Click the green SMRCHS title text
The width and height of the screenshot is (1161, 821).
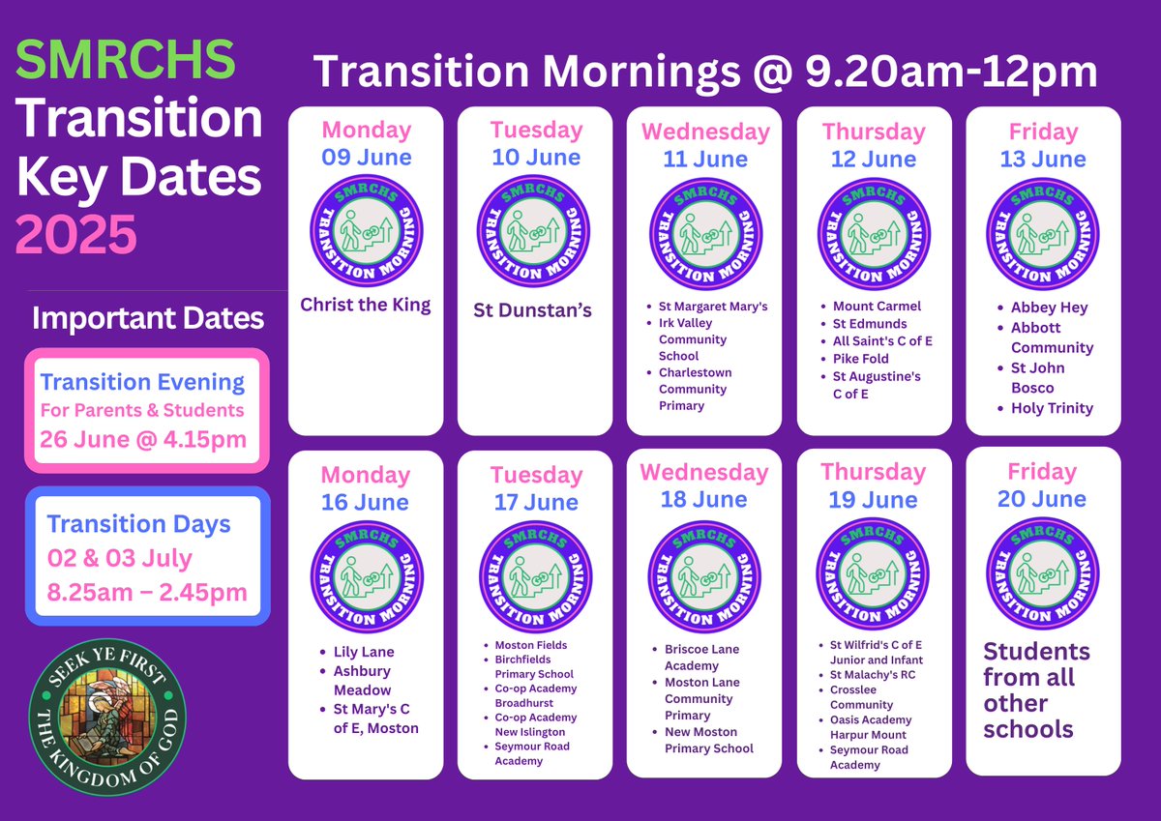(126, 60)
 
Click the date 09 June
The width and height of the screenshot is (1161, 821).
(367, 157)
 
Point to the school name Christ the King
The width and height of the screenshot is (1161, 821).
(366, 305)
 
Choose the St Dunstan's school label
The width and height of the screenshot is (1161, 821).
(533, 309)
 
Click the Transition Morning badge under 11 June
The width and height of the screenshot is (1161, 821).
(704, 233)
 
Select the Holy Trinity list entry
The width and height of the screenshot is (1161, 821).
(1052, 408)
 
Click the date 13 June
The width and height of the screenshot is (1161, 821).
(1042, 159)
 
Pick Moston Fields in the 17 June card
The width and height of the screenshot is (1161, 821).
(531, 645)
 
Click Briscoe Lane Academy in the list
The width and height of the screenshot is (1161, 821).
(701, 657)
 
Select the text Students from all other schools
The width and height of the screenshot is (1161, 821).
(1036, 689)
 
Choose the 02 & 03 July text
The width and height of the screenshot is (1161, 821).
(120, 559)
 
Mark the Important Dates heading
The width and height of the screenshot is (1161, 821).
(147, 318)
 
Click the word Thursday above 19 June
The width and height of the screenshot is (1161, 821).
(873, 472)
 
